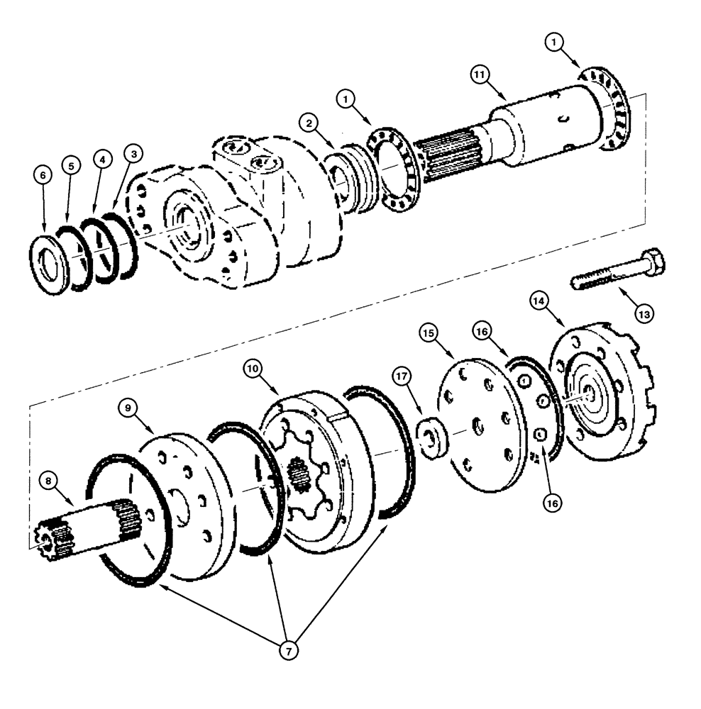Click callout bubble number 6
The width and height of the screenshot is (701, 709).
(x=43, y=175)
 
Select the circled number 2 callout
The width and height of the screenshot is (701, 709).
(x=307, y=123)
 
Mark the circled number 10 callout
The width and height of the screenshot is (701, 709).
(x=253, y=369)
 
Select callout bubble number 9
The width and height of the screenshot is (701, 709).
(x=128, y=408)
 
